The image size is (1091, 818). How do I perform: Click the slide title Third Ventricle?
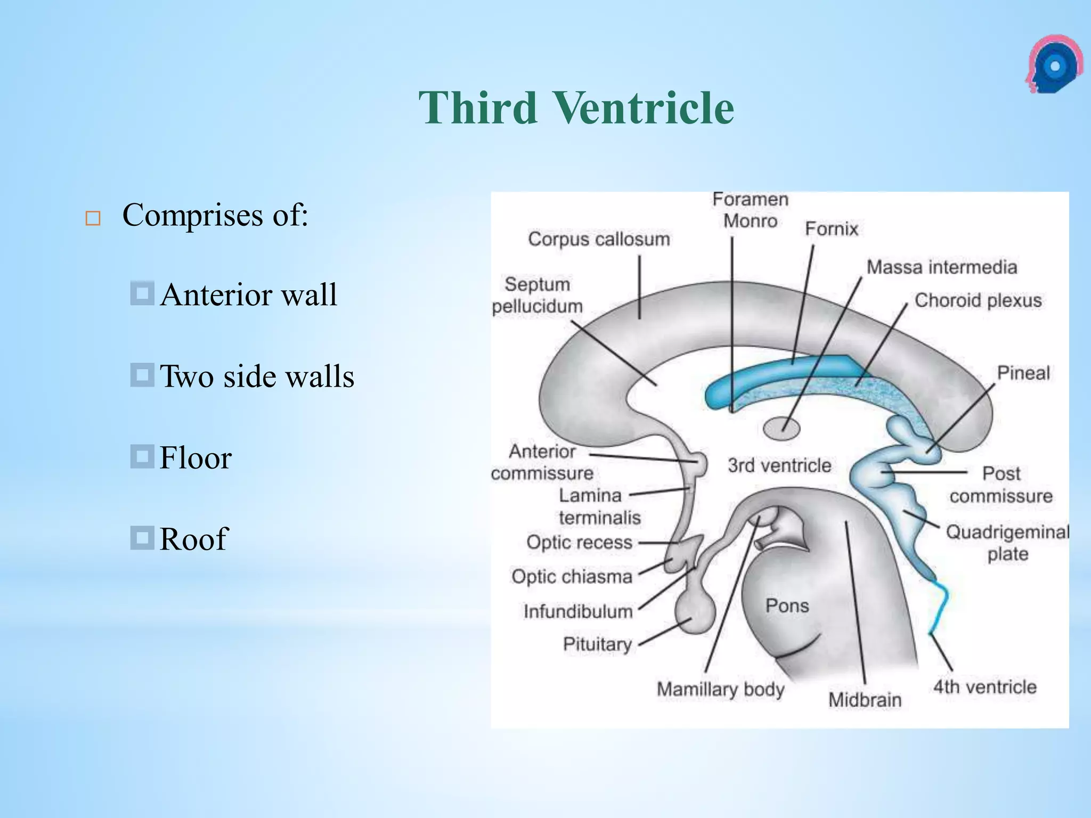(x=576, y=108)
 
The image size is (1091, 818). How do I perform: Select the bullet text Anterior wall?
(x=248, y=295)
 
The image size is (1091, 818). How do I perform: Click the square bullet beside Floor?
(x=142, y=456)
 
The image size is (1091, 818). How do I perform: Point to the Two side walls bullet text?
(x=257, y=376)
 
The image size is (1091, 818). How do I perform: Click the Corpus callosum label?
(x=599, y=239)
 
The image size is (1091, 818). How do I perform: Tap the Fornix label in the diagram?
(x=832, y=228)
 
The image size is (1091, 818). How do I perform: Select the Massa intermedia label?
(x=941, y=267)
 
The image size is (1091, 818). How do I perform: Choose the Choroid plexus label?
(x=978, y=300)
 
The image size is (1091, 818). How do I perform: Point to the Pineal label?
(x=1023, y=373)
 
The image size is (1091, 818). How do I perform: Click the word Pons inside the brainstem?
(x=787, y=606)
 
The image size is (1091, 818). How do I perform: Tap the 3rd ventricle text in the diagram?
(x=779, y=465)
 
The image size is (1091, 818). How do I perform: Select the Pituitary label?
(x=597, y=644)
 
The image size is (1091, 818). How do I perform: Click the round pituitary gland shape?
(x=695, y=613)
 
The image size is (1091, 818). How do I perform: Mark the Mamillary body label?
(x=720, y=689)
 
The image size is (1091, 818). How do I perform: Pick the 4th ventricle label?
(x=984, y=687)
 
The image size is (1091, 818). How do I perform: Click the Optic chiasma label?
(x=572, y=576)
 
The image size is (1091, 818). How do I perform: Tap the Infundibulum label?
(x=578, y=611)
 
